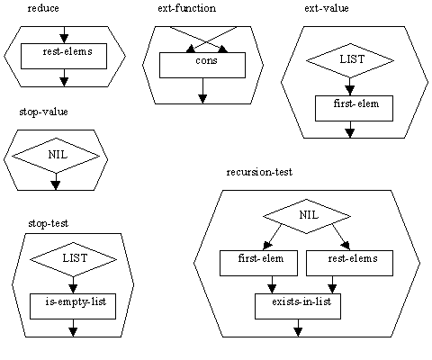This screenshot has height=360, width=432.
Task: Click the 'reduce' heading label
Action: (x=43, y=8)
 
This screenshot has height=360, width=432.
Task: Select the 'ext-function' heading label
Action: (x=186, y=8)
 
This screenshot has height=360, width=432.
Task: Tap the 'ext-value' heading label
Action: (x=327, y=8)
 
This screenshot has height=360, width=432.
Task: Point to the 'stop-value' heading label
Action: (x=43, y=112)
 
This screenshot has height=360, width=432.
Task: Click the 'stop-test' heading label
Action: (x=48, y=223)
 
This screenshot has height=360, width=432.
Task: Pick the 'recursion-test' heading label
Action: (x=259, y=172)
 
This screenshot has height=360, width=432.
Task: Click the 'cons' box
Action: (x=202, y=66)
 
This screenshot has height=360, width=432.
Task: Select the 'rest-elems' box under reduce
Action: (x=64, y=56)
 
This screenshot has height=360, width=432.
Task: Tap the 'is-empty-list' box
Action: (x=73, y=306)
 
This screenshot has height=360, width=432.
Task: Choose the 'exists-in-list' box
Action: (x=298, y=306)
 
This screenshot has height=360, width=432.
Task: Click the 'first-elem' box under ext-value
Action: (x=354, y=108)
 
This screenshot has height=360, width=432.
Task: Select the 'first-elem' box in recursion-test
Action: (x=259, y=263)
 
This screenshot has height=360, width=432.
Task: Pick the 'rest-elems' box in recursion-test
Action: (x=349, y=263)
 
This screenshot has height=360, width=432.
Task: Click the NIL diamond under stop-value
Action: (x=56, y=156)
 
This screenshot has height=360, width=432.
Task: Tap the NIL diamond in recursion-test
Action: (x=307, y=216)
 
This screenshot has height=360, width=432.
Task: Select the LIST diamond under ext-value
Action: (x=350, y=60)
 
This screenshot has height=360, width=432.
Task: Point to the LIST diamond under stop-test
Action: (x=73, y=259)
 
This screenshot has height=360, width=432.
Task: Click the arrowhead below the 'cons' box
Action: (x=202, y=99)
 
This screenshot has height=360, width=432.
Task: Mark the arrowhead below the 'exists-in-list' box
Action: (x=298, y=332)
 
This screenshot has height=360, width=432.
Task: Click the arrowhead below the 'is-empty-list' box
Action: (x=73, y=332)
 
